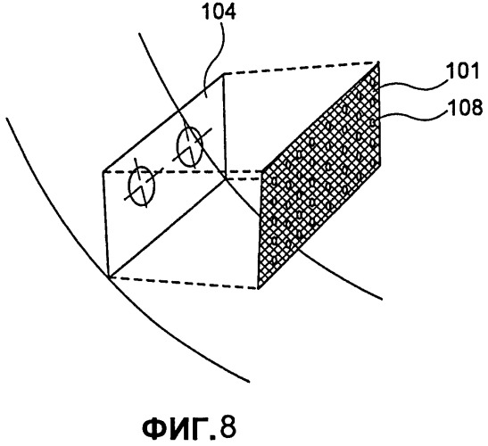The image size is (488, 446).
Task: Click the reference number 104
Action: pyautogui.click(x=219, y=12)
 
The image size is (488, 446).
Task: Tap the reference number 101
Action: pyautogui.click(x=462, y=71)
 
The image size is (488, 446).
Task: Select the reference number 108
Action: pyautogui.click(x=465, y=107)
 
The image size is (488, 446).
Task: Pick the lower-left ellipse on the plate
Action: pyautogui.click(x=141, y=186)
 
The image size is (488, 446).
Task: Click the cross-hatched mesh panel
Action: pyautogui.click(x=319, y=176)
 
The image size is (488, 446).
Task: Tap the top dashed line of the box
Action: pyautogui.click(x=302, y=68)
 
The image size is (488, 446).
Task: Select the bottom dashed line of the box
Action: pyautogui.click(x=183, y=283)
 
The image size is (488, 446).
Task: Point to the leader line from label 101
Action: pyautogui.click(x=413, y=85)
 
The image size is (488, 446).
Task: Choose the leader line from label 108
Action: pyautogui.click(x=413, y=114)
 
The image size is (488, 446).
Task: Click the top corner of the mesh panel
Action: pyautogui.click(x=379, y=62)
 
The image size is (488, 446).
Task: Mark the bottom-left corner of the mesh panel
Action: pyautogui.click(x=258, y=288)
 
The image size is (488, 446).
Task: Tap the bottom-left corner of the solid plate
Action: pyautogui.click(x=108, y=276)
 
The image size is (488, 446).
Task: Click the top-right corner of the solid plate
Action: pyautogui.click(x=224, y=74)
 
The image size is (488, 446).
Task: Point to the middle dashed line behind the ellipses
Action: pyautogui.click(x=183, y=171)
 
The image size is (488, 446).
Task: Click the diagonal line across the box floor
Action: pyautogui.click(x=167, y=227)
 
